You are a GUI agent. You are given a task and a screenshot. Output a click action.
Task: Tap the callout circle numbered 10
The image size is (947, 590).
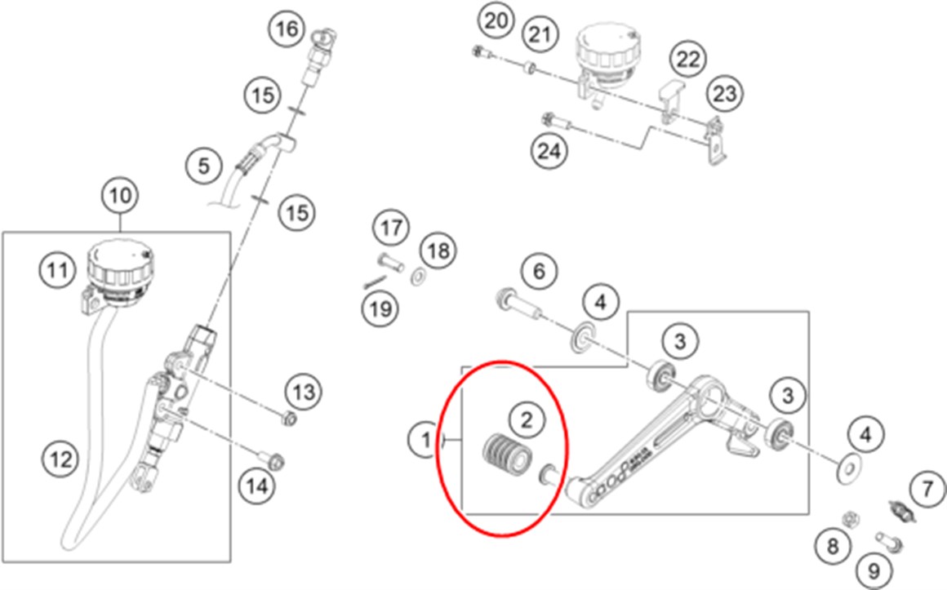coord(120,197)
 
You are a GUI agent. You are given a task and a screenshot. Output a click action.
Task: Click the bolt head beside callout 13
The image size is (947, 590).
coord(287,419)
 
